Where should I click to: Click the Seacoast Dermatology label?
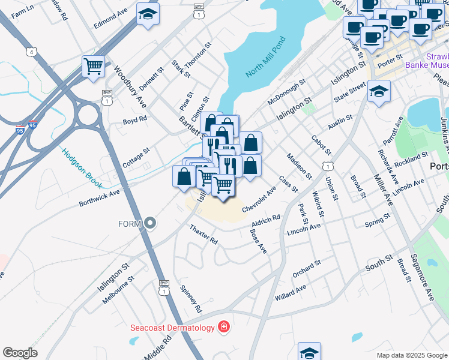point(173,328)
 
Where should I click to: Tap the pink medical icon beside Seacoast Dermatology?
point(224,327)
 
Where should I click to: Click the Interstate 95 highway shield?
point(32,127)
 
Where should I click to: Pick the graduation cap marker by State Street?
point(379,92)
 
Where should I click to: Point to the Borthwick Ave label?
point(100,199)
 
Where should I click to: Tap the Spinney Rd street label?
point(190,298)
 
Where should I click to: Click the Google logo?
point(20,353)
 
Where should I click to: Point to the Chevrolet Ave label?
point(259,199)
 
